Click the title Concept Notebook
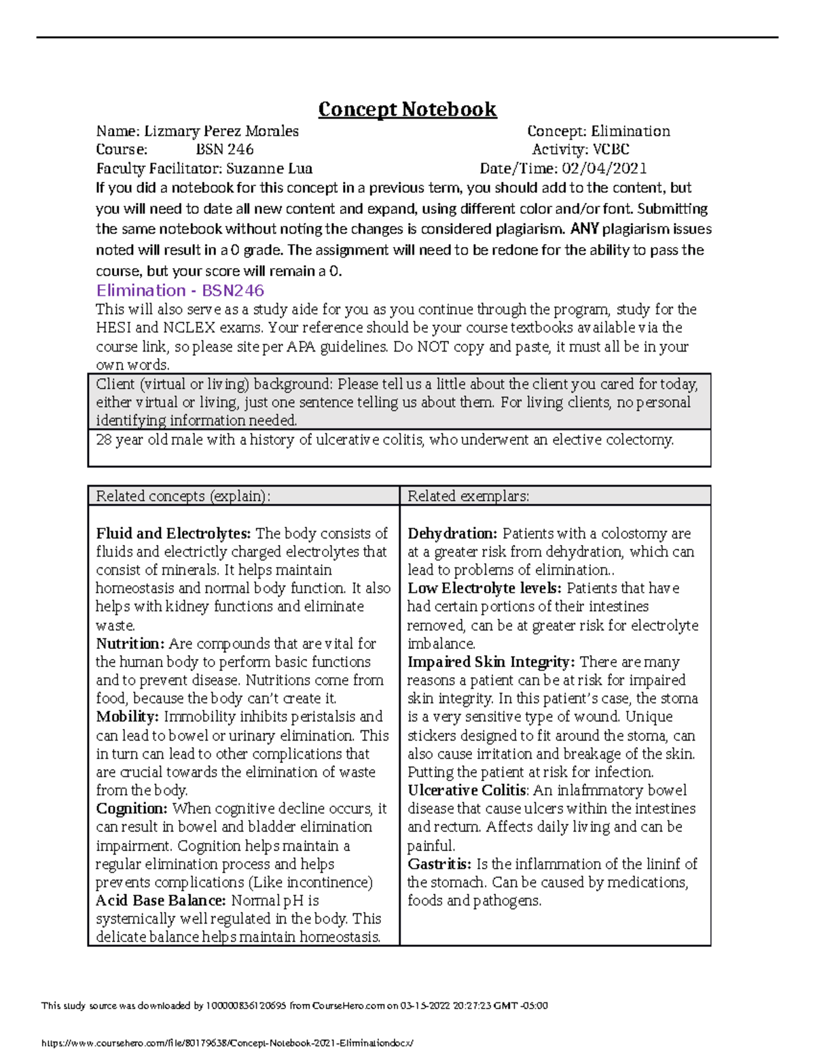[407, 109]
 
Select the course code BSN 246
[224, 149]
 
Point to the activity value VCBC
[611, 149]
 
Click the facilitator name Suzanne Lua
[269, 168]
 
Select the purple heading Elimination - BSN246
[180, 290]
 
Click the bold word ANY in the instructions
[584, 229]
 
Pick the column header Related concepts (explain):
[183, 496]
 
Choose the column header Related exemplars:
[468, 496]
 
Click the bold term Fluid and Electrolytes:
[173, 533]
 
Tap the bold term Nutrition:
[130, 643]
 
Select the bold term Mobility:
[127, 717]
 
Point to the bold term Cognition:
[131, 808]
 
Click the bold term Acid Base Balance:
[160, 901]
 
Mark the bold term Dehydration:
[452, 533]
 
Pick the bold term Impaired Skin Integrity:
[491, 662]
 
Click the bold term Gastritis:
[439, 864]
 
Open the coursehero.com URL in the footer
[227, 1042]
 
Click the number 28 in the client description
[104, 440]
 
